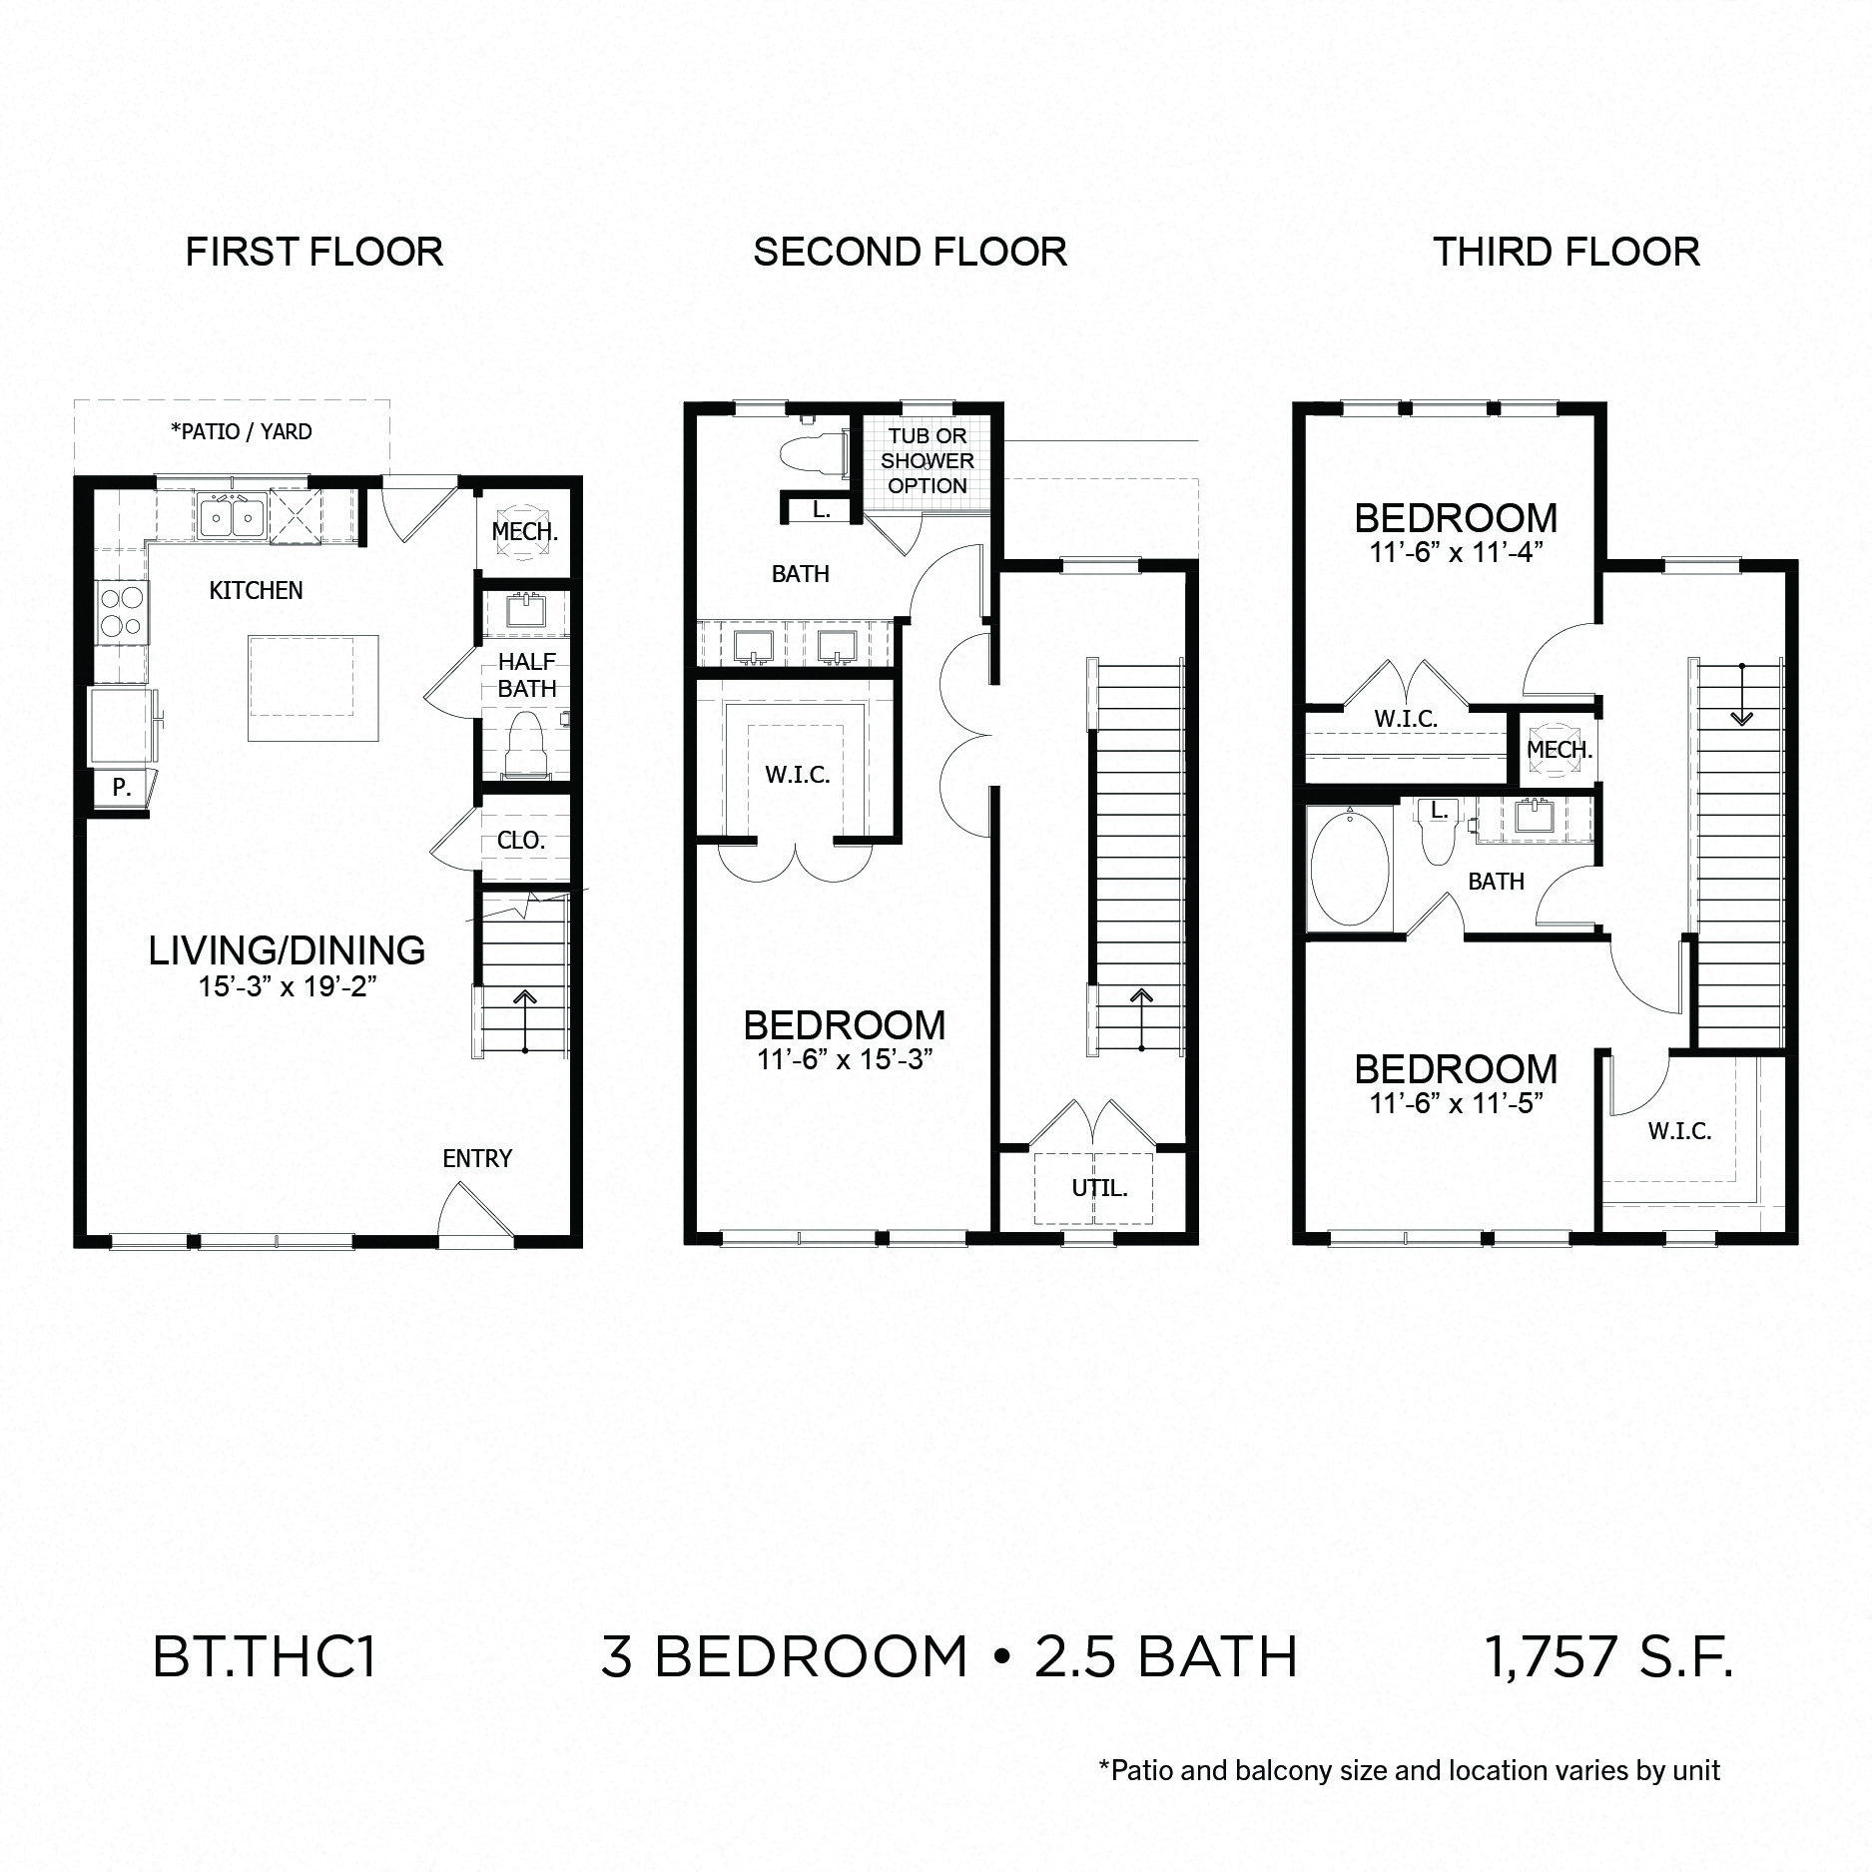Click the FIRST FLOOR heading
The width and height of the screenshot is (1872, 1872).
(x=313, y=252)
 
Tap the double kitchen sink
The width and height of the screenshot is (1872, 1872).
(x=231, y=516)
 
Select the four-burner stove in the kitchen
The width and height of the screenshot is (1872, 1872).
(x=123, y=612)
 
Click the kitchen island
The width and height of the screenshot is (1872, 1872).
(x=313, y=688)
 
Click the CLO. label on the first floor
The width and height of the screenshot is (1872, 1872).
(x=521, y=841)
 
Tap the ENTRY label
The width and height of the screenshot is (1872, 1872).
(x=477, y=1158)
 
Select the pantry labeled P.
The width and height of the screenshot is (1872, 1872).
(x=121, y=788)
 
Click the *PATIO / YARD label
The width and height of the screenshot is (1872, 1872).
(x=242, y=431)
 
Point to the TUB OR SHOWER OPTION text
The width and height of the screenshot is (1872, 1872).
(x=927, y=461)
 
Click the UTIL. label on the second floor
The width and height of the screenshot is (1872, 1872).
(x=1099, y=1188)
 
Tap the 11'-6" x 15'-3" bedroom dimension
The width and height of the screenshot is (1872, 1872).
(x=845, y=1059)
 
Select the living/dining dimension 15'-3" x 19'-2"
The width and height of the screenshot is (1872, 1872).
(x=288, y=987)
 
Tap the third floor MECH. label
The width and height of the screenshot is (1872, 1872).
(x=1560, y=749)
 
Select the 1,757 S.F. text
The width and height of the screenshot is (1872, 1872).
(x=1608, y=1656)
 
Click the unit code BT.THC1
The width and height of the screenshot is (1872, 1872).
(x=264, y=1656)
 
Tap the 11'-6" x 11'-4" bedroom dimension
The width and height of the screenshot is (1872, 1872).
(x=1456, y=552)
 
